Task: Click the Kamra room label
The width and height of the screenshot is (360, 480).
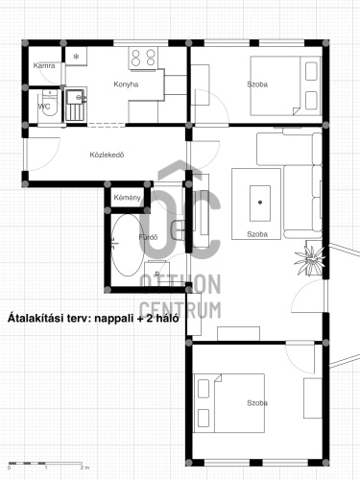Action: (44, 65)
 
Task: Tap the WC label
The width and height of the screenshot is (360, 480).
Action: (44, 107)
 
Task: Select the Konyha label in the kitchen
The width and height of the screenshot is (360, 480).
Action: (126, 84)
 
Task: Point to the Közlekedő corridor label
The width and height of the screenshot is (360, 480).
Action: (107, 155)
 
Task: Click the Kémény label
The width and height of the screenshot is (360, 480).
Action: (127, 198)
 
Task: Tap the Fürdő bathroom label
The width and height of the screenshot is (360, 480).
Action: (148, 237)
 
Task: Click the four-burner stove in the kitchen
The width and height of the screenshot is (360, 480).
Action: (143, 58)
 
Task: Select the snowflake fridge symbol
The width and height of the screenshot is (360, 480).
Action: (76, 57)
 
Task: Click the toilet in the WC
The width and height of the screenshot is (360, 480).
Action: (50, 105)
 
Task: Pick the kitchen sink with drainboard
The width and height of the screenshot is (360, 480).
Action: (76, 105)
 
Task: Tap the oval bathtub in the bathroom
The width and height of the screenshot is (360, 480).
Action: (128, 245)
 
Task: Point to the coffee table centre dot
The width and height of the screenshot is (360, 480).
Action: (260, 202)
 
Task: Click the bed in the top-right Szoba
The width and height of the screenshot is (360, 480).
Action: (285, 85)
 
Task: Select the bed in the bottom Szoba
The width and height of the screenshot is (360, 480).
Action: (228, 403)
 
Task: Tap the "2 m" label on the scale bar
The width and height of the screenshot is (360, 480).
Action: (84, 468)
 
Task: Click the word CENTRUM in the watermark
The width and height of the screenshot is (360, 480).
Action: (180, 310)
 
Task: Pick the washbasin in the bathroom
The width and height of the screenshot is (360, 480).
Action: (178, 230)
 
